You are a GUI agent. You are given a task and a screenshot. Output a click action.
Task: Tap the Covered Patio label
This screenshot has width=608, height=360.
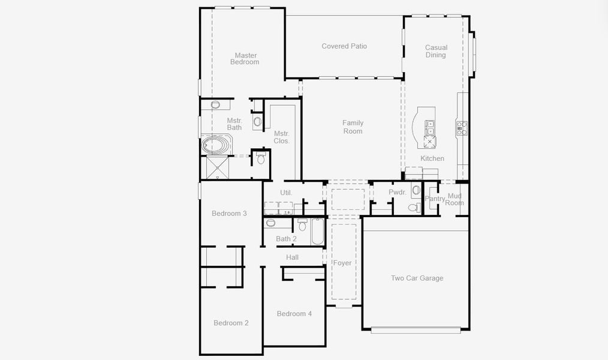[x=344, y=46]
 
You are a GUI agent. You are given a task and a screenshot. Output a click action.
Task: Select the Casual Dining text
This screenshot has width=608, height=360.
[x=436, y=52]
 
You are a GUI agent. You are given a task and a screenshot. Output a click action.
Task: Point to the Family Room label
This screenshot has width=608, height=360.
[x=353, y=127]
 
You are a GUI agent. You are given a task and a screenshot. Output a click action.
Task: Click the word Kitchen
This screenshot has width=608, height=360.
[x=432, y=158]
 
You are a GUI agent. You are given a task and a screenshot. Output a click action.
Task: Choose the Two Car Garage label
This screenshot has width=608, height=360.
[x=417, y=278]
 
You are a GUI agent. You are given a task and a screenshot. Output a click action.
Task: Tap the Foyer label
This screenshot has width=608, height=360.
[x=342, y=263]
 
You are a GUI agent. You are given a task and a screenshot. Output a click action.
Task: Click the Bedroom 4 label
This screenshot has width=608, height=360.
[x=294, y=314]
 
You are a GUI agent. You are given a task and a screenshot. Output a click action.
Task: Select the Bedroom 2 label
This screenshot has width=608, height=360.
[x=231, y=323]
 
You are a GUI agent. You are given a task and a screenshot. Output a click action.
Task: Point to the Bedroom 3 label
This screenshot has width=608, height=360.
[x=229, y=214]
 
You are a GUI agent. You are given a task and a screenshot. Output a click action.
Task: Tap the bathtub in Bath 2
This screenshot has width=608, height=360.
[x=317, y=232]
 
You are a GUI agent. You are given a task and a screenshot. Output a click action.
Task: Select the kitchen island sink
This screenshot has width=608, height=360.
[x=430, y=127]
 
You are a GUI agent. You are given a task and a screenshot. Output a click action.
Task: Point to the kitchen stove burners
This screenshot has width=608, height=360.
[x=462, y=128]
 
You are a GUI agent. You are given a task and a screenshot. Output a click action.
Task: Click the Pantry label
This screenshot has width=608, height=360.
[x=435, y=199]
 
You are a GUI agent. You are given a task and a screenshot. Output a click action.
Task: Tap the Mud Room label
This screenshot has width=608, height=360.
[x=455, y=199]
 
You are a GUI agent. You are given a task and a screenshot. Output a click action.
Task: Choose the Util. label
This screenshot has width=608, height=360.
[x=286, y=193]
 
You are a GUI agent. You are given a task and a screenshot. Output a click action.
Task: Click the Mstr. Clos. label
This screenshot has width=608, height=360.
[x=282, y=137]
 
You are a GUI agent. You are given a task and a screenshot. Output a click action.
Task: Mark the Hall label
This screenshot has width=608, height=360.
[x=292, y=257]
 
